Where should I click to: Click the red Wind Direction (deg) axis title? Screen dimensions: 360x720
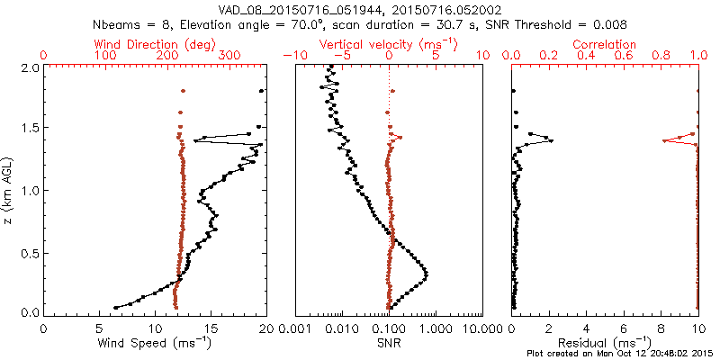(x=156, y=44)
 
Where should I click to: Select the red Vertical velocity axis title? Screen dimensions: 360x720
(x=388, y=44)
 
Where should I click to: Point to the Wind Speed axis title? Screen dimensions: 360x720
(x=155, y=343)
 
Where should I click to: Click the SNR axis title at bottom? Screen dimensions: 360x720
(x=389, y=343)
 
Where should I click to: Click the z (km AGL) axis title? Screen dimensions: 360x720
(x=10, y=189)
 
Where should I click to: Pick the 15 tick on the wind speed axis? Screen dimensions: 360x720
(x=211, y=330)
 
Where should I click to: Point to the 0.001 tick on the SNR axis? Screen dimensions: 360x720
(x=295, y=330)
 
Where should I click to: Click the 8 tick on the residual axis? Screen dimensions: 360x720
(x=661, y=330)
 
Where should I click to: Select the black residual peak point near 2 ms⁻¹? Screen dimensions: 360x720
(x=551, y=140)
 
